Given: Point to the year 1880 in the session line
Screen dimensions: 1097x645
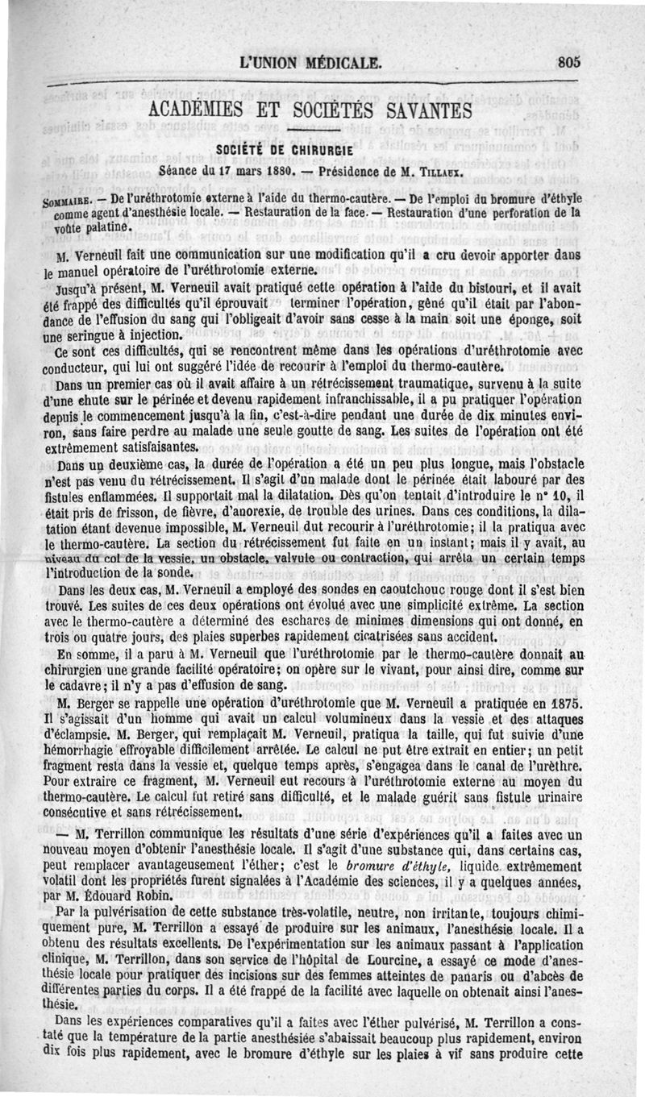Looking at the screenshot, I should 282,171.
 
